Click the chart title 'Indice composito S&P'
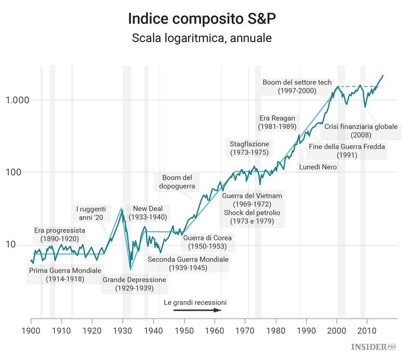tap(202, 18)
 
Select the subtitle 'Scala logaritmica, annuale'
tap(202, 39)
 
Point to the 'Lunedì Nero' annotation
tap(318, 167)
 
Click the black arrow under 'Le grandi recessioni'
tap(197, 310)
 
